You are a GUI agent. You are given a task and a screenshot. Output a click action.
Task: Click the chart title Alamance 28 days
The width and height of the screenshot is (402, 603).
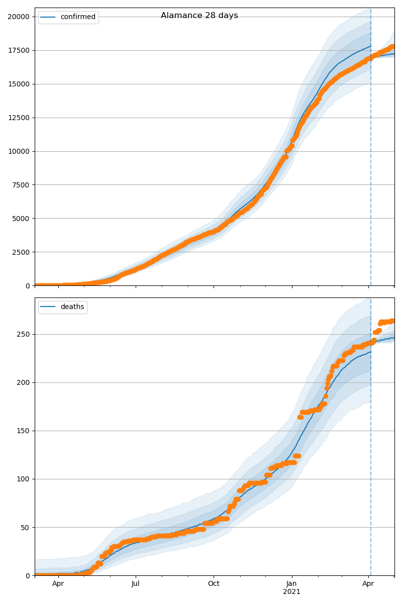click(199, 16)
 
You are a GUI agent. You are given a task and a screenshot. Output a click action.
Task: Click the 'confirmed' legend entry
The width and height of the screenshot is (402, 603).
click(77, 17)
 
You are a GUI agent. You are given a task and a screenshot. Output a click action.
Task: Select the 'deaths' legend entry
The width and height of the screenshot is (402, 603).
click(72, 307)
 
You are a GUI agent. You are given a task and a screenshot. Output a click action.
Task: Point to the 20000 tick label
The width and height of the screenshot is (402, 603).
click(18, 17)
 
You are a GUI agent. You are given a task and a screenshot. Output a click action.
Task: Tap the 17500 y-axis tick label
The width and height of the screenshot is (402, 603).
click(18, 50)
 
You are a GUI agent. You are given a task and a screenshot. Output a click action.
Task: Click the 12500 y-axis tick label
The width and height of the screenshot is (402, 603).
click(18, 118)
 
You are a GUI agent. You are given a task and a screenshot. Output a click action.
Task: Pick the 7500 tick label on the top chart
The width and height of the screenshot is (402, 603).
click(20, 185)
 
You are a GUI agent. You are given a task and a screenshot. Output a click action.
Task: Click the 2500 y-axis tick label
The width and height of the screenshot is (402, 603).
click(20, 252)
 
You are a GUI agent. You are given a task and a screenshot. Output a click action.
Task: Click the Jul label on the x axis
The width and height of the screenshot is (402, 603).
click(136, 584)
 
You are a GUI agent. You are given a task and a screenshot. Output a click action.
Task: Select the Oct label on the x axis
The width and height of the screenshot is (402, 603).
click(214, 584)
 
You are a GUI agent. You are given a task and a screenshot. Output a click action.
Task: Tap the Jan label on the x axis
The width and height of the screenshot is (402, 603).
click(291, 584)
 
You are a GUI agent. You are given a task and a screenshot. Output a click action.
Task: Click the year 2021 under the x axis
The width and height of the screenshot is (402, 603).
click(291, 592)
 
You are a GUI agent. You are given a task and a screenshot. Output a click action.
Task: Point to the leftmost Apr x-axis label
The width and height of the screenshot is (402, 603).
click(58, 584)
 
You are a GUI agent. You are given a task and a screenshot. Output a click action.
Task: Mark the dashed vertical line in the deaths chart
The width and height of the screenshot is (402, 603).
click(371, 452)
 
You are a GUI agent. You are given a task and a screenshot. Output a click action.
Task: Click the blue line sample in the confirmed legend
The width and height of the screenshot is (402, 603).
click(49, 17)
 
